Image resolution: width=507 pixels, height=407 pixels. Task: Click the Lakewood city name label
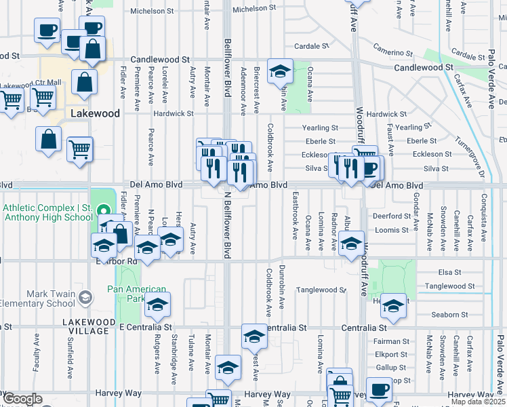click(x=94, y=113)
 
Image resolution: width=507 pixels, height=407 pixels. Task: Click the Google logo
click(x=22, y=399)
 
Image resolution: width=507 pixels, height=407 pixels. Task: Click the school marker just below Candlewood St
click(x=279, y=71)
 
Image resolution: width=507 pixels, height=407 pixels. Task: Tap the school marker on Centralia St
click(x=254, y=335)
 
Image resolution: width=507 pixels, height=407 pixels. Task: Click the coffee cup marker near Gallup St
click(x=379, y=389)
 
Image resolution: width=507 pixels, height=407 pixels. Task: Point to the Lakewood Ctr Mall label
click(x=31, y=85)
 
